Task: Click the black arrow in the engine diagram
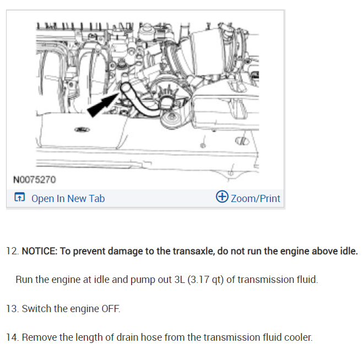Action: tap(101, 103)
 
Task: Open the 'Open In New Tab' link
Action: tap(68, 199)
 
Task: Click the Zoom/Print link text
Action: tap(255, 199)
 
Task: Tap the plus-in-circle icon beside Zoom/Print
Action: tap(223, 198)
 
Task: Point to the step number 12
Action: tap(12, 251)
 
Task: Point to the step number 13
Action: tap(12, 308)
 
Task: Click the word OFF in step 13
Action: tap(110, 308)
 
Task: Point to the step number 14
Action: tap(12, 337)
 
